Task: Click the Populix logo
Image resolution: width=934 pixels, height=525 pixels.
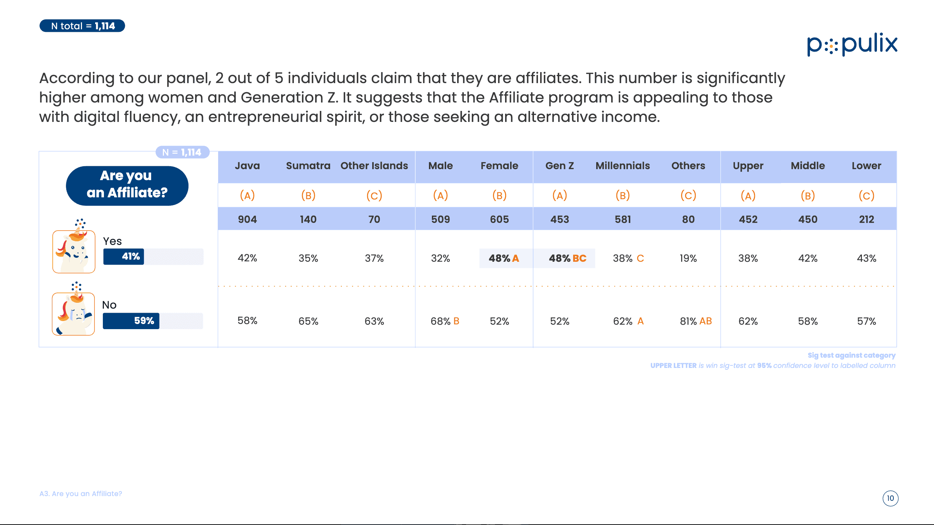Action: point(852,45)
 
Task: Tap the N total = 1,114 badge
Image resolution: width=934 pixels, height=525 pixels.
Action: point(82,26)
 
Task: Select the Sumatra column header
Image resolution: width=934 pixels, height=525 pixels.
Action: point(308,166)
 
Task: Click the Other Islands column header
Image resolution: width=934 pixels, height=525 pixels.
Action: point(374,166)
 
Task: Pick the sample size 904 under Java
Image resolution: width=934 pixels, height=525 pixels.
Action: point(247,219)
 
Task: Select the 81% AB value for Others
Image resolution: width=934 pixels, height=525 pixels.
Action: point(696,321)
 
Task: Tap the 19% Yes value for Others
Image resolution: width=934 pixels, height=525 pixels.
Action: point(688,258)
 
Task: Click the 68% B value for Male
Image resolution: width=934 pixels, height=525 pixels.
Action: point(445,321)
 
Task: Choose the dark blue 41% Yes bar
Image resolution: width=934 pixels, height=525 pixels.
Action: point(124,256)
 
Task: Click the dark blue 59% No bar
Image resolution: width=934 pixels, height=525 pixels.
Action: point(131,321)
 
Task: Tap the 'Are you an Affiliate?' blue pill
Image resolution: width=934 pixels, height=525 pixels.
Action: point(127,186)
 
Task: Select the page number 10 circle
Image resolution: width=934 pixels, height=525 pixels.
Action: point(890,498)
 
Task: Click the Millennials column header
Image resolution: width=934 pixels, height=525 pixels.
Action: point(623,166)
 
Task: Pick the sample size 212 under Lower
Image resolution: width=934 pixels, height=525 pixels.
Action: point(866,219)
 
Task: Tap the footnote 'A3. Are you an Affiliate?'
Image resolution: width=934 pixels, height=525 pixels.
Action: point(81,494)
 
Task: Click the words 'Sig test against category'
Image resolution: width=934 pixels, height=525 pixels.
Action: point(852,355)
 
